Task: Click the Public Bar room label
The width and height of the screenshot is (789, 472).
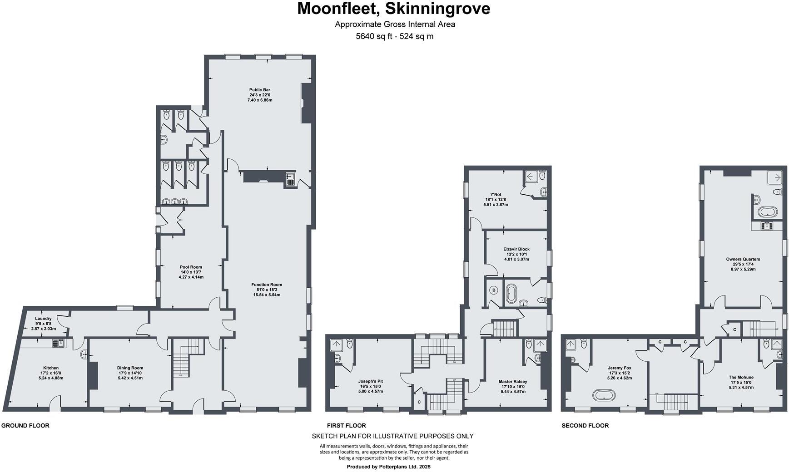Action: pyautogui.click(x=260, y=95)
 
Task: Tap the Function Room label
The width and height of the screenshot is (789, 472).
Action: pyautogui.click(x=267, y=290)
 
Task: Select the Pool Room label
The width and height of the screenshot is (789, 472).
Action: pyautogui.click(x=191, y=272)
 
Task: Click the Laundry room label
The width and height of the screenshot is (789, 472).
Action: pyautogui.click(x=43, y=323)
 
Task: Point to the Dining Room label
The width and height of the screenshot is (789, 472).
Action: pyautogui.click(x=130, y=373)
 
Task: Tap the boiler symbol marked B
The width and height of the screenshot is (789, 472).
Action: pyautogui.click(x=494, y=290)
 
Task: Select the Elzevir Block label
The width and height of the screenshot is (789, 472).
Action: pyautogui.click(x=516, y=254)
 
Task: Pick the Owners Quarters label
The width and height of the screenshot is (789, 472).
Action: pyautogui.click(x=743, y=264)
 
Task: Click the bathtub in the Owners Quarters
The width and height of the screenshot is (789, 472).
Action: pyautogui.click(x=769, y=211)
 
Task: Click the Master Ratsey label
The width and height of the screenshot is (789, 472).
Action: pyautogui.click(x=513, y=386)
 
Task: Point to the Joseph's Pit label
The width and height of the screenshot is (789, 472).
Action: pyautogui.click(x=370, y=386)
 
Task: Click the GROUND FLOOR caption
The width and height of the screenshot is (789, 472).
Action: pyautogui.click(x=25, y=426)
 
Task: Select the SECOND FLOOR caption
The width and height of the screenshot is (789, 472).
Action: pyautogui.click(x=585, y=426)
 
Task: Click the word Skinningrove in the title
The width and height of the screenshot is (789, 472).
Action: pyautogui.click(x=437, y=9)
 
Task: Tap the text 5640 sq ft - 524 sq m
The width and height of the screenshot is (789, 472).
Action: pyautogui.click(x=394, y=37)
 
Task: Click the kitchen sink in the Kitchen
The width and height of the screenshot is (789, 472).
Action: pyautogui.click(x=59, y=344)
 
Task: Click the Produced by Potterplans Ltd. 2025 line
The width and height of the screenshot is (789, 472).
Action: pyautogui.click(x=388, y=467)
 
